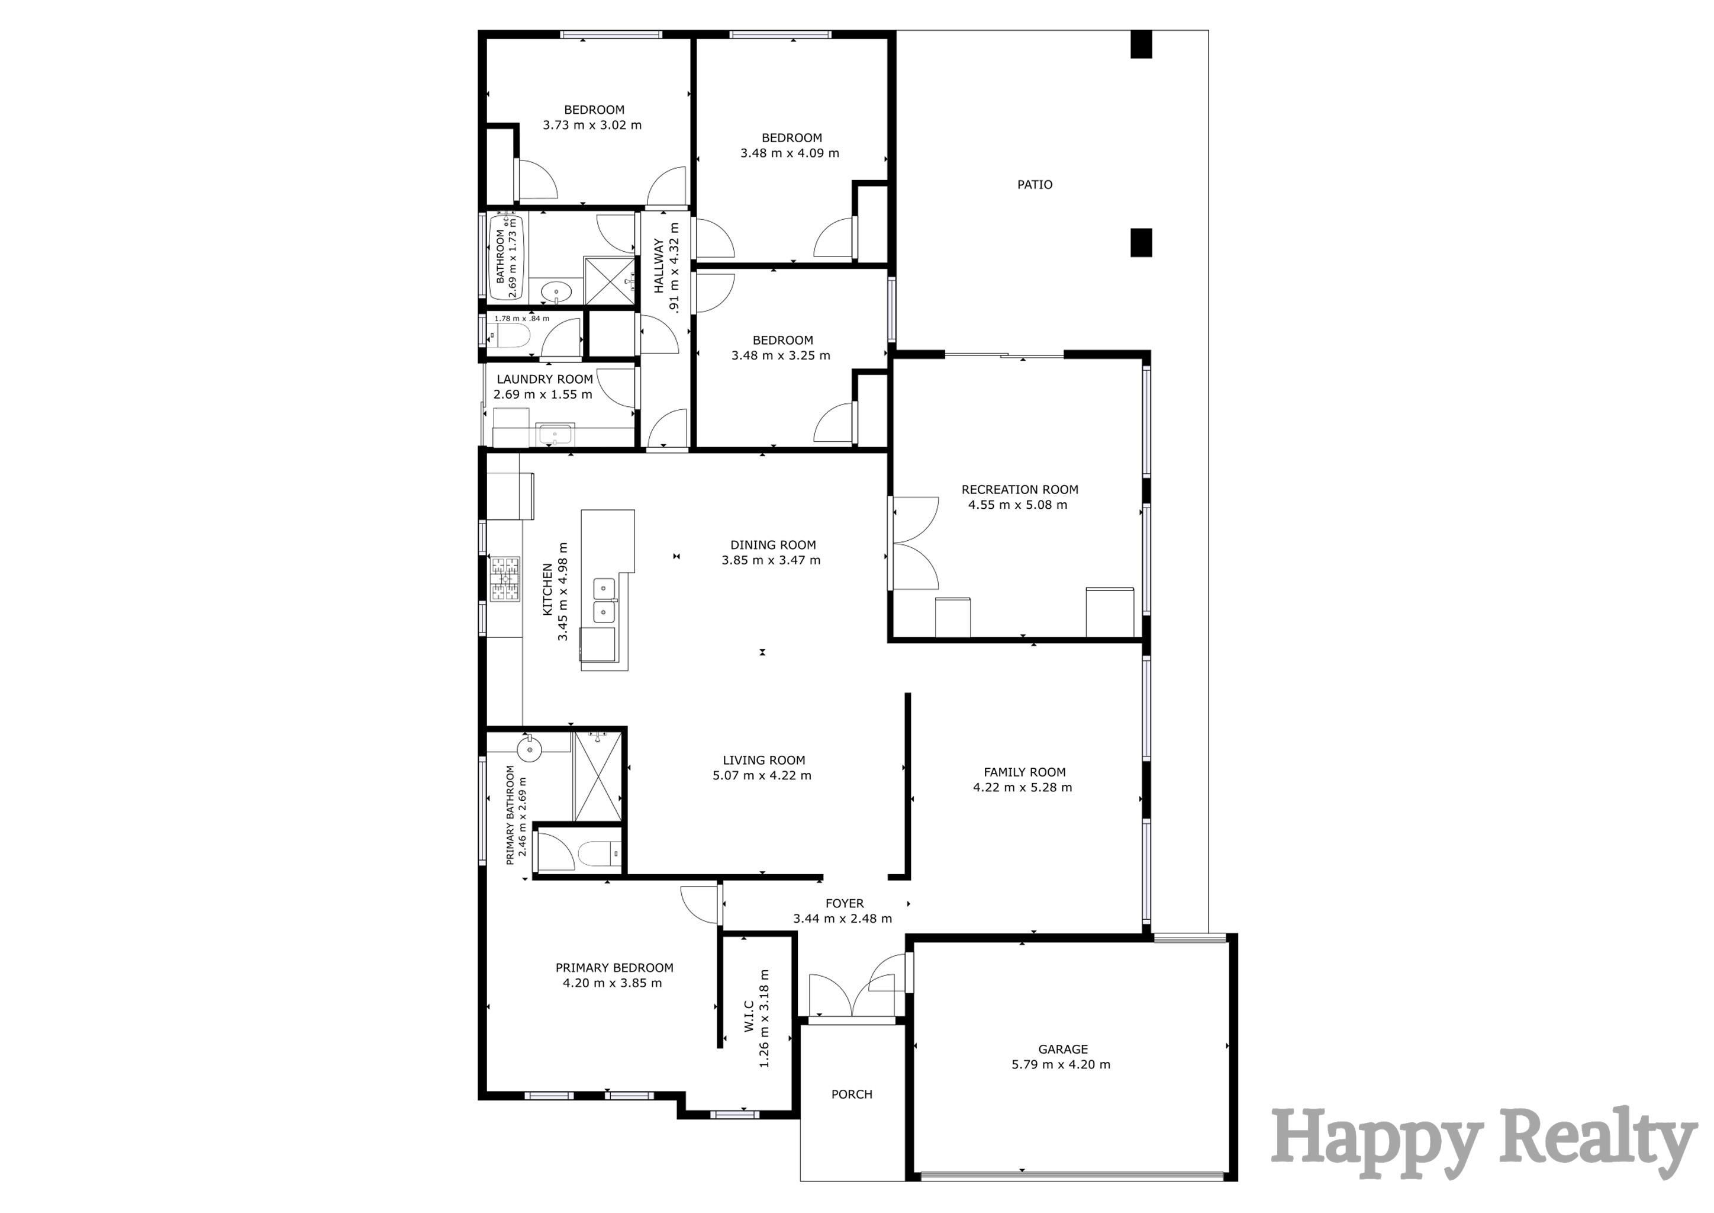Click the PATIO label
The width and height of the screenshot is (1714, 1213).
pyautogui.click(x=1035, y=184)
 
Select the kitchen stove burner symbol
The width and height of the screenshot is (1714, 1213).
pyautogui.click(x=505, y=578)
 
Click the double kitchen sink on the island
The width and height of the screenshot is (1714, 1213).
pyautogui.click(x=603, y=601)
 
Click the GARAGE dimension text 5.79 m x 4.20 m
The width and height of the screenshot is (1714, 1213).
pyautogui.click(x=1061, y=1064)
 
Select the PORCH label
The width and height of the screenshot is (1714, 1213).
pyautogui.click(x=851, y=1094)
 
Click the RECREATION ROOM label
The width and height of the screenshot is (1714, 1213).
pyautogui.click(x=1019, y=489)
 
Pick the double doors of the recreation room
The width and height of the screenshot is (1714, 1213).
pyautogui.click(x=914, y=543)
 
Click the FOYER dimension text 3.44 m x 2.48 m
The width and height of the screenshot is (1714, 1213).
pyautogui.click(x=842, y=919)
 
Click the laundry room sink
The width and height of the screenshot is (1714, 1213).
pyautogui.click(x=554, y=433)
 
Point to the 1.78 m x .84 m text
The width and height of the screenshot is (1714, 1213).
pyautogui.click(x=522, y=318)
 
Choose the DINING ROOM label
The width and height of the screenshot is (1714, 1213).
pyautogui.click(x=772, y=544)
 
